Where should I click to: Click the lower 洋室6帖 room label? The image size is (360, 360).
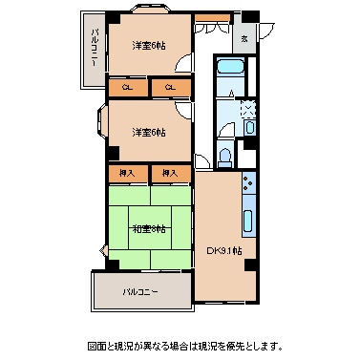click(148, 132)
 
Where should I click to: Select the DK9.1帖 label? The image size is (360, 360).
click(225, 251)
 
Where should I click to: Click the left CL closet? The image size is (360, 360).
click(128, 89)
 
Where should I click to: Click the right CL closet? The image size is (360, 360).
click(168, 89)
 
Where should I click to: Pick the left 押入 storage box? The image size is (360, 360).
click(127, 174)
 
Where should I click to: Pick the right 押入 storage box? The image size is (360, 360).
click(170, 174)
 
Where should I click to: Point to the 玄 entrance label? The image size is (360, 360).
click(245, 38)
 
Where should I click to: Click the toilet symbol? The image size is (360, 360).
click(225, 157)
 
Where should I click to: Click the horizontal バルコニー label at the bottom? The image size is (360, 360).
click(139, 291)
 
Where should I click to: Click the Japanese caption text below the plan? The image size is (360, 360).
click(180, 344)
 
